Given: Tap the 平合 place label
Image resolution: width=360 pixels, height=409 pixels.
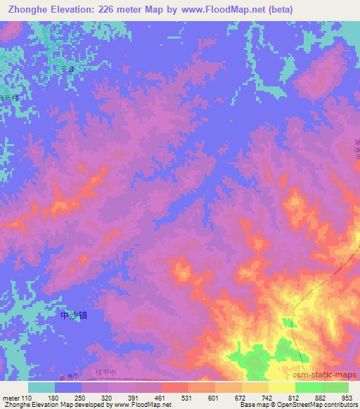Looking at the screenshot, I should [67, 68].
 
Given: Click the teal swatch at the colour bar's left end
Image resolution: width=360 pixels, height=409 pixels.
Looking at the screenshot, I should [41, 387].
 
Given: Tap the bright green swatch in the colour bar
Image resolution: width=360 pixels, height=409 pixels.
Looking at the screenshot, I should [308, 387].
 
